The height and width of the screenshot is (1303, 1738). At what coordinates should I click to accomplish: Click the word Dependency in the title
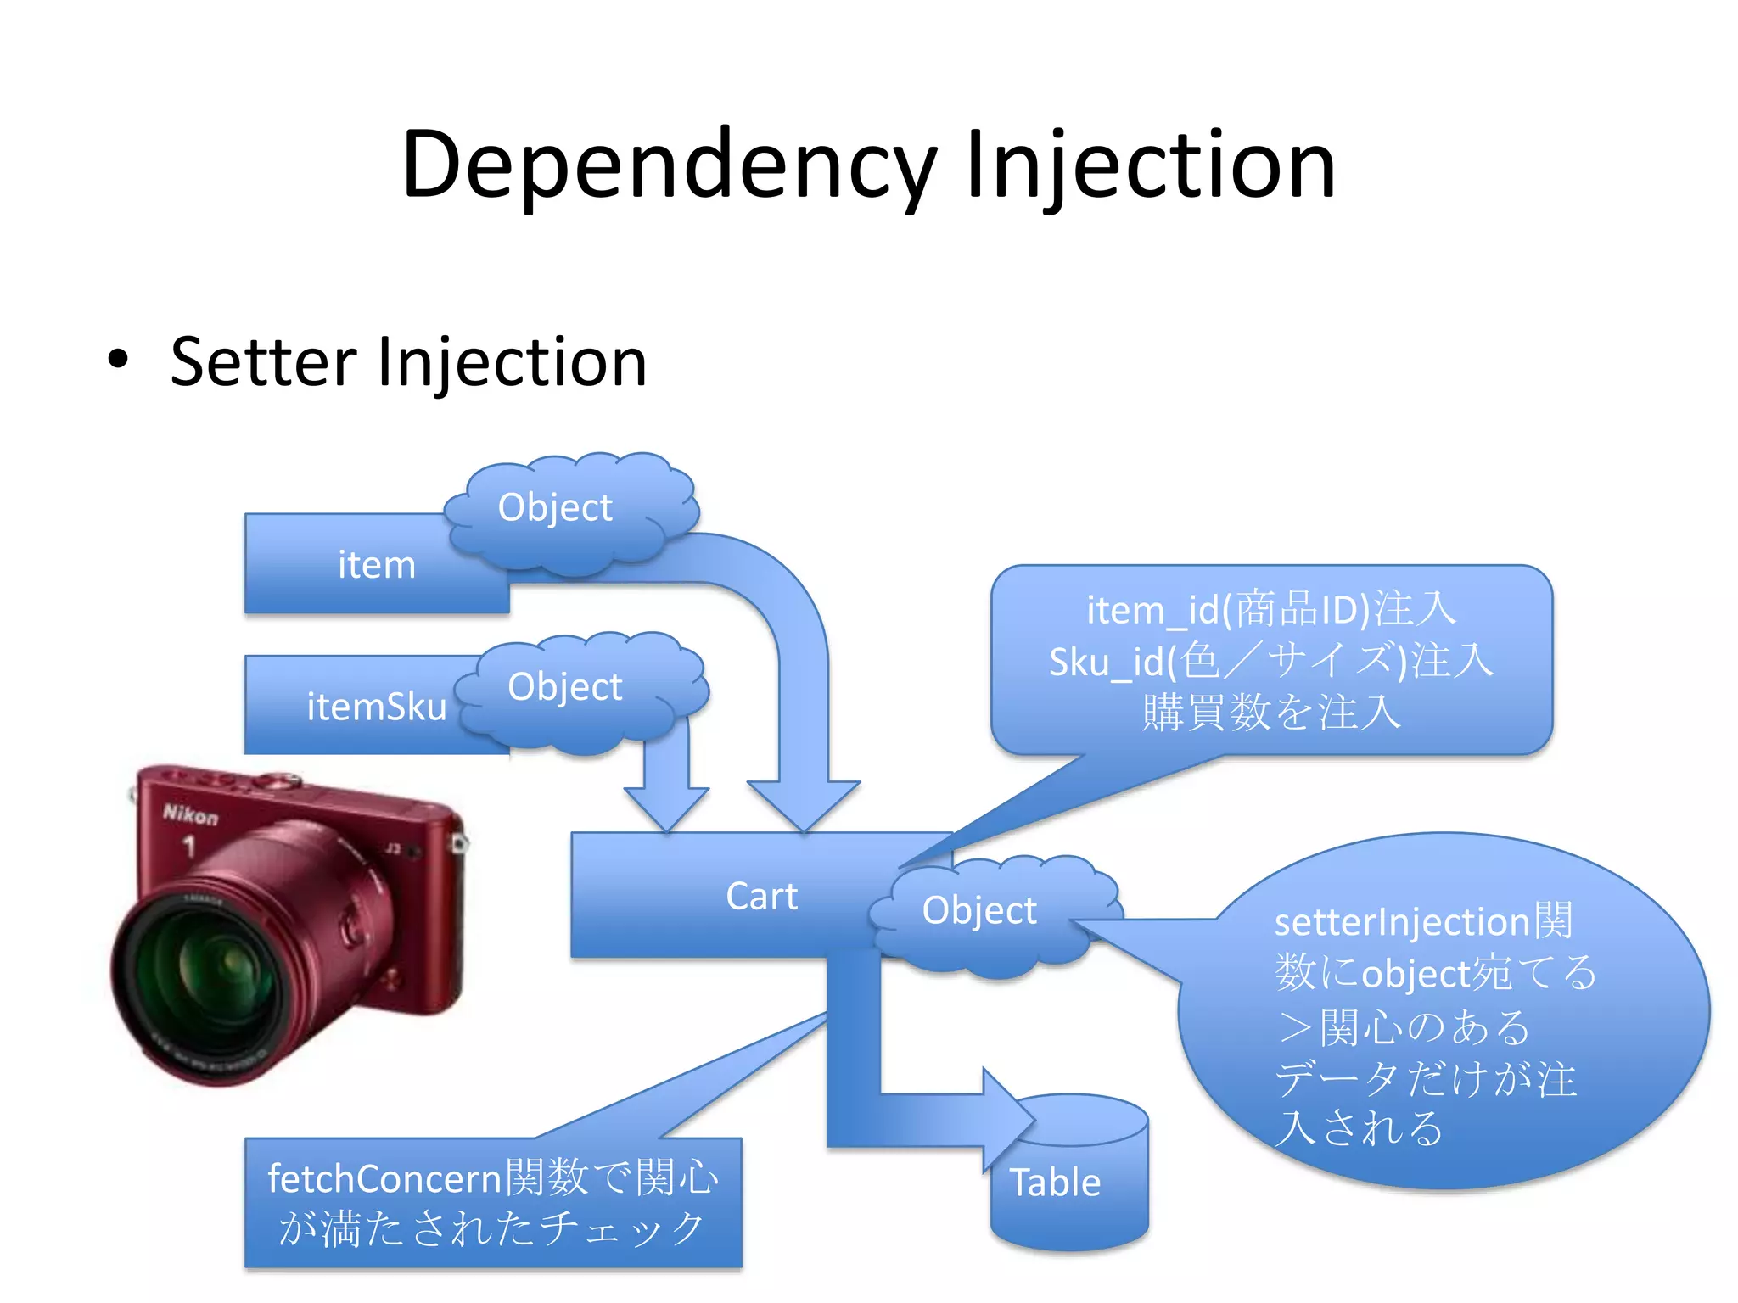coord(669,165)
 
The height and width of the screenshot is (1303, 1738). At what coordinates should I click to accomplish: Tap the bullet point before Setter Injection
coord(118,360)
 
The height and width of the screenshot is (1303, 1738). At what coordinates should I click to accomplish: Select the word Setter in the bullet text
coord(262,362)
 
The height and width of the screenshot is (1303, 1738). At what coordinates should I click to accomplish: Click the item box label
coord(377,565)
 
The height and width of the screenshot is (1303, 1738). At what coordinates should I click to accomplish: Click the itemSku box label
coord(376,707)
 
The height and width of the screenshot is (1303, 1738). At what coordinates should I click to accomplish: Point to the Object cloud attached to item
coord(555,508)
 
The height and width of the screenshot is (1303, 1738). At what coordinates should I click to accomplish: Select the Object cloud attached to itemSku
coord(565,687)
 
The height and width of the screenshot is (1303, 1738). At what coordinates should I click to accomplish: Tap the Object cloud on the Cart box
coord(979,911)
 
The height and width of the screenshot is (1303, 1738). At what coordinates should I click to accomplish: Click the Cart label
coord(761,897)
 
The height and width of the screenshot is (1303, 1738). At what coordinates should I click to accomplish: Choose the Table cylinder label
coord(1055,1182)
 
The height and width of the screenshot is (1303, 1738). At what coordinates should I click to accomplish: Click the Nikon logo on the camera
coord(190,815)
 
